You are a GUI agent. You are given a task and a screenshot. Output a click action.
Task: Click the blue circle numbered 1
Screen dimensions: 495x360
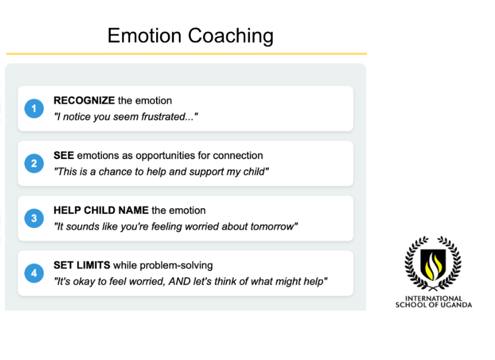pos(34,109)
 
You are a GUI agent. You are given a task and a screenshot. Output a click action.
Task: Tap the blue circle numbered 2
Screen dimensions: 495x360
pos(34,164)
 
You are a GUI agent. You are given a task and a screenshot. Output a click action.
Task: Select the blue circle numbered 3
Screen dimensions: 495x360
pos(34,218)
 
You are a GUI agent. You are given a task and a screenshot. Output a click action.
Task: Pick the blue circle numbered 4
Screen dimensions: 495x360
pos(34,273)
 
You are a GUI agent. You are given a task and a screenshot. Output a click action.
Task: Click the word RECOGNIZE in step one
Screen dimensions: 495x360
pos(84,100)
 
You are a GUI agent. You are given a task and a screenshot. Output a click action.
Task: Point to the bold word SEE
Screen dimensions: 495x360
pos(63,155)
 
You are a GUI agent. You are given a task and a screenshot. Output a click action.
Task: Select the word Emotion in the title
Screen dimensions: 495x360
pos(144,35)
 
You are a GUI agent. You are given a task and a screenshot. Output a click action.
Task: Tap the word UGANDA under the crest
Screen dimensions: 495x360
pos(456,305)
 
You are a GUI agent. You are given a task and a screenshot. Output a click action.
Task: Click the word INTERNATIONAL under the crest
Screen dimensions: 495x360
pos(433,298)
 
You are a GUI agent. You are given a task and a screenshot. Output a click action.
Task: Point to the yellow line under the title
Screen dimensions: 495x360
pos(186,54)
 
